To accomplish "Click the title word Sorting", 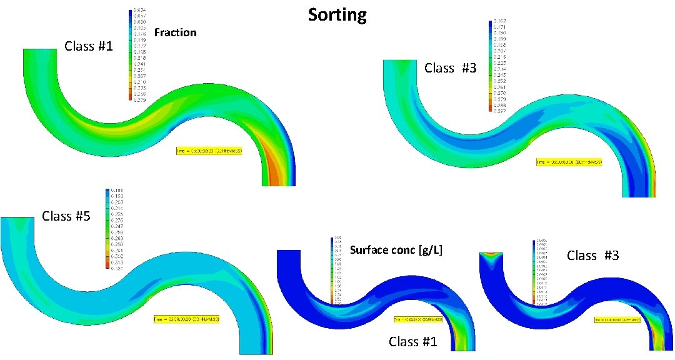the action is [x=337, y=14].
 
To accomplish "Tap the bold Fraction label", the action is [x=175, y=32].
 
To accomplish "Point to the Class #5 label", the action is [x=66, y=217].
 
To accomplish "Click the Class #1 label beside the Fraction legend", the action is [x=89, y=46].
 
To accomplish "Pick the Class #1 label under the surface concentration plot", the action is [x=413, y=342].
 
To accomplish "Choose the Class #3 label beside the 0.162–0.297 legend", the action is [x=450, y=69].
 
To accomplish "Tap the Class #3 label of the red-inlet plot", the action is [x=592, y=255].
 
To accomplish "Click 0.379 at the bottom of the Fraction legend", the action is [x=139, y=99].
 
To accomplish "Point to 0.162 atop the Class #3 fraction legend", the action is [x=499, y=22].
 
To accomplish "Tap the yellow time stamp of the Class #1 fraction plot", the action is [x=209, y=151].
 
